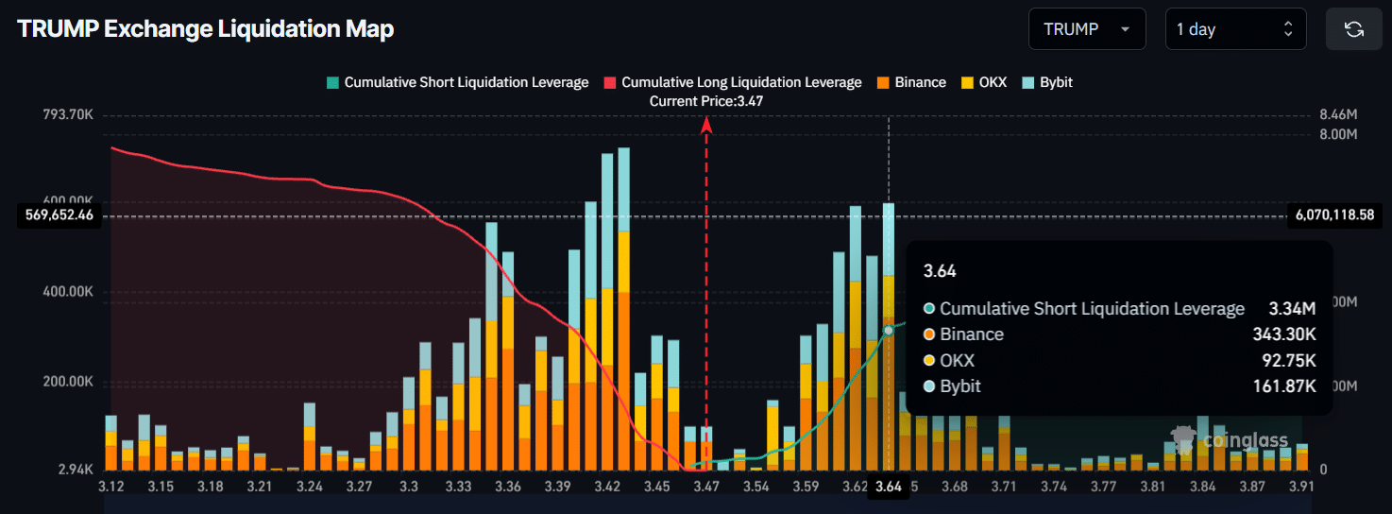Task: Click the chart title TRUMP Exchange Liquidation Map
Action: click(205, 29)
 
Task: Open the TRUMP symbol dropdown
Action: click(1086, 29)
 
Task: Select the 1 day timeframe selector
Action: click(1234, 29)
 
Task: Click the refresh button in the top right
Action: click(1353, 29)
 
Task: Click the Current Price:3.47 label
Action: click(706, 100)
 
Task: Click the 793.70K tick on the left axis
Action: click(68, 114)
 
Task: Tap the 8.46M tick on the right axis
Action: click(1338, 114)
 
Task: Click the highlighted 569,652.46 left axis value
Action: click(59, 215)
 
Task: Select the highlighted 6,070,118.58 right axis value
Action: click(1335, 215)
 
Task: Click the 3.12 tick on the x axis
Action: click(111, 487)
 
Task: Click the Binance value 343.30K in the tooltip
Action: click(1282, 334)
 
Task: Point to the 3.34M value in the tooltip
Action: click(1292, 309)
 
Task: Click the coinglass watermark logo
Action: click(1228, 440)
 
